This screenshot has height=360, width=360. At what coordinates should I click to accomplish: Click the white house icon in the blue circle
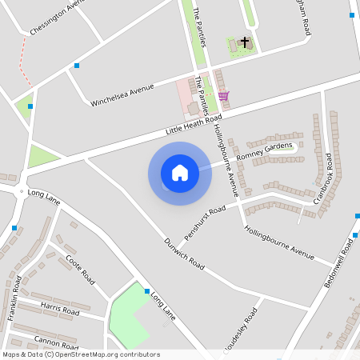coord(180,173)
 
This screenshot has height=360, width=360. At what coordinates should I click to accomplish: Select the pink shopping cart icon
coord(223,96)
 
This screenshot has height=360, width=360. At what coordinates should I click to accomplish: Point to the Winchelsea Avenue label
coord(122,94)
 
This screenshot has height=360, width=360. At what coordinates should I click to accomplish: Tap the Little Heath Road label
coord(194,122)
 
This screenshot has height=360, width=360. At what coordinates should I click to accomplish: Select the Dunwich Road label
coord(184,253)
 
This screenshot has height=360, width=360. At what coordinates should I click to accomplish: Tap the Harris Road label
coord(60,310)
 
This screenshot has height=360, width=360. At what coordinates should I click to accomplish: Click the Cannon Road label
coord(56,339)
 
